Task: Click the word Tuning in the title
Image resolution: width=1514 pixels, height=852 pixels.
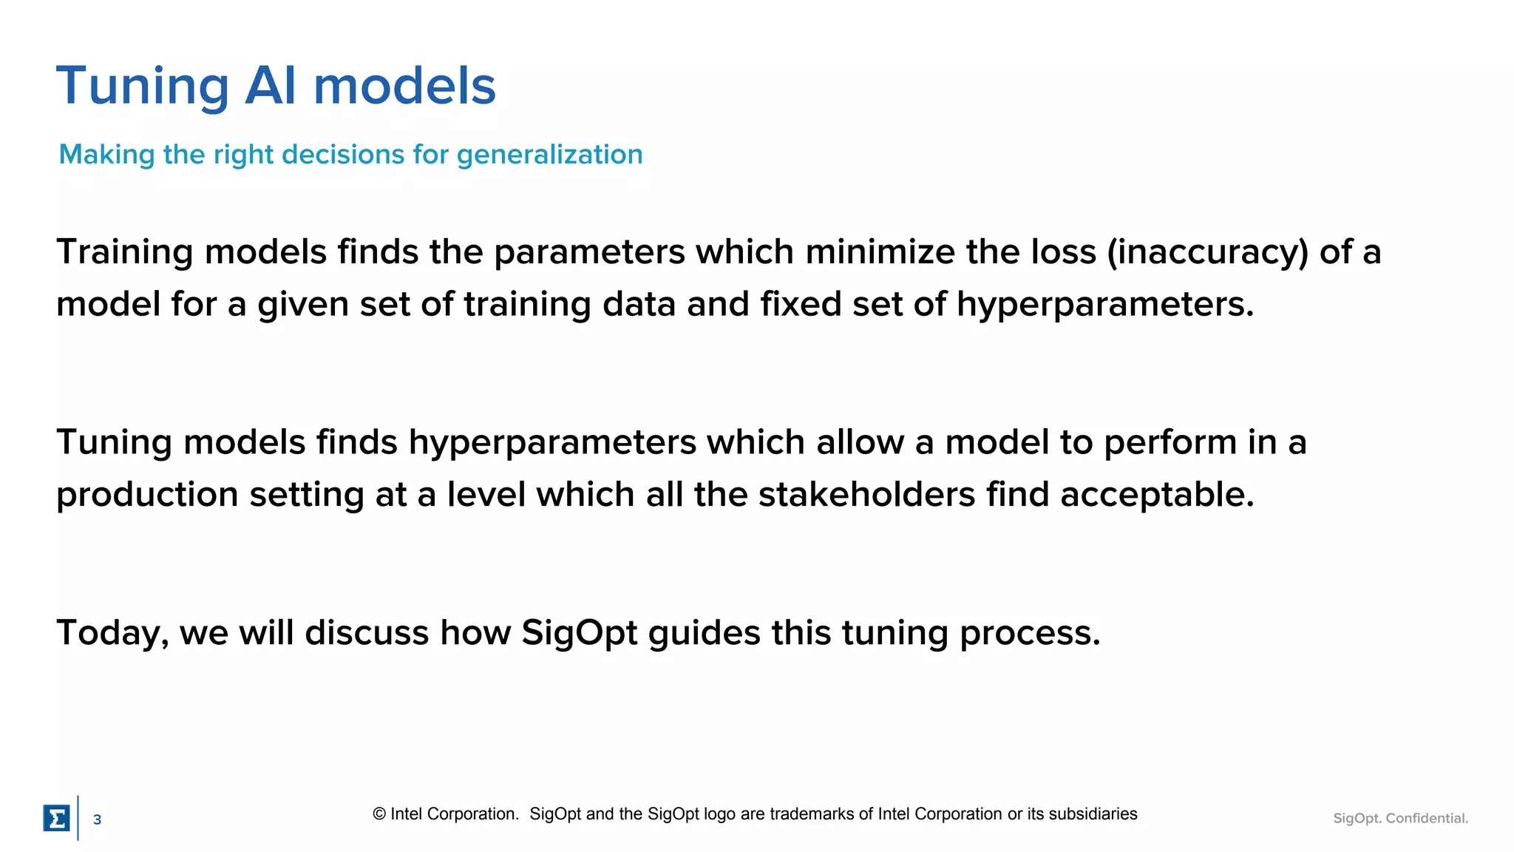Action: click(x=143, y=87)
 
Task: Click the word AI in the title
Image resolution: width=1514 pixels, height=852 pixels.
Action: click(x=271, y=87)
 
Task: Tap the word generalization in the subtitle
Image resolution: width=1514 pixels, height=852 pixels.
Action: click(x=549, y=155)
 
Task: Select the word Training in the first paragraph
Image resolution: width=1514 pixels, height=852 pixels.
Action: click(x=124, y=252)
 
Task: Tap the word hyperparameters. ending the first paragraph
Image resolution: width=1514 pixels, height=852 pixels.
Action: click(x=1105, y=304)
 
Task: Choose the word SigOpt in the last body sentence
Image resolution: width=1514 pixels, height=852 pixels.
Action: click(x=579, y=633)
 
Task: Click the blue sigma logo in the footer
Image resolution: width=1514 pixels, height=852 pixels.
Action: click(x=56, y=819)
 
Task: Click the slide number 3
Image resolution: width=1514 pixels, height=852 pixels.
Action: click(x=97, y=819)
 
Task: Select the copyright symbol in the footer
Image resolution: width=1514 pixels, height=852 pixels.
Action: click(x=379, y=814)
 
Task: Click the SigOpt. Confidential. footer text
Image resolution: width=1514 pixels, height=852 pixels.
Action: click(x=1400, y=818)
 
